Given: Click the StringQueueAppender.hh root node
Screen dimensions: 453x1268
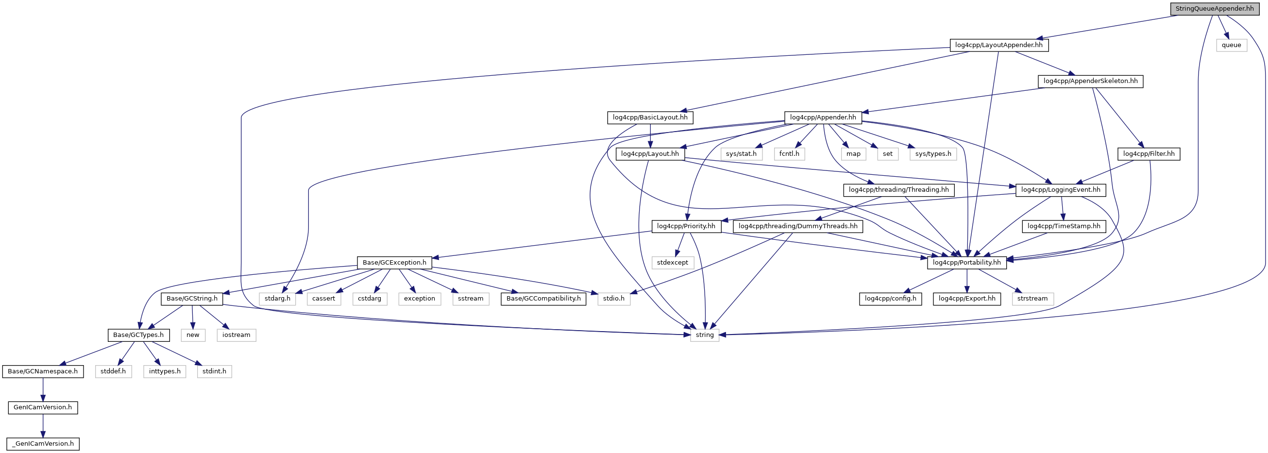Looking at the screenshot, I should (1215, 8).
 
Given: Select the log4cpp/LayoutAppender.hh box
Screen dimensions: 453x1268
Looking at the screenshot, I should (998, 45).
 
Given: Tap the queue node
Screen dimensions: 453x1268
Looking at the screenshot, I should (1231, 45).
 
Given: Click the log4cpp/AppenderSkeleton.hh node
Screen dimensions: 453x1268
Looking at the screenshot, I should (1090, 81).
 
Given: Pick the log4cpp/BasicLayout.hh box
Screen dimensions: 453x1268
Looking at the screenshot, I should (650, 117).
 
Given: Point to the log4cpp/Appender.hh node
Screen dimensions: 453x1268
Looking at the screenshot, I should (823, 117).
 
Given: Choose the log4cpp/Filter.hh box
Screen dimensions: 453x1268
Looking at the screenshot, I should (1149, 153).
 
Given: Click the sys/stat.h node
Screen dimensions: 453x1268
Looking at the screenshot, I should (741, 153).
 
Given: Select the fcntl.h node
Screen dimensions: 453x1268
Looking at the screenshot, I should (789, 153).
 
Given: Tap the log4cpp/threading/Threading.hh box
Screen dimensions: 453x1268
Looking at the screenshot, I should (898, 189).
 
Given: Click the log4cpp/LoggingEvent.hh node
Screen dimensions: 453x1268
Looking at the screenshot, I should (1060, 189).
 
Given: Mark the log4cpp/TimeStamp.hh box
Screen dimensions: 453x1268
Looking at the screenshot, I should (1064, 226).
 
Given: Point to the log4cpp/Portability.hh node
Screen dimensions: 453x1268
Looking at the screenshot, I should (966, 263).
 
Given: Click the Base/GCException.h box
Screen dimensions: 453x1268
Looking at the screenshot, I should (394, 263).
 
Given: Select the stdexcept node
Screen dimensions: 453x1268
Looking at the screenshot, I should (673, 263).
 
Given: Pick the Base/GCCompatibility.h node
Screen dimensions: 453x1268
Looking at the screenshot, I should (543, 299).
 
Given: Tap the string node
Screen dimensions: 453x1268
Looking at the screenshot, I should (704, 335).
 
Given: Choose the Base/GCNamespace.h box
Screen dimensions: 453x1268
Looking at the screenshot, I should (43, 371).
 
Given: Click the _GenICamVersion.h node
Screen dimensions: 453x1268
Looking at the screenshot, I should (43, 444).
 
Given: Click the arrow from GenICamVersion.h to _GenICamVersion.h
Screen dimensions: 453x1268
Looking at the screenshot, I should (43, 425).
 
